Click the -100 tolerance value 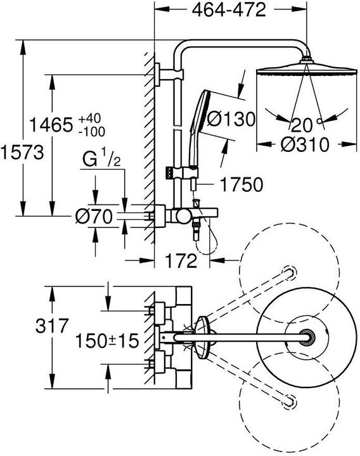[x=92, y=131]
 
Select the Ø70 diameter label [x=94, y=217]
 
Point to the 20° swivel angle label [x=307, y=123]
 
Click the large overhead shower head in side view [x=307, y=68]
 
